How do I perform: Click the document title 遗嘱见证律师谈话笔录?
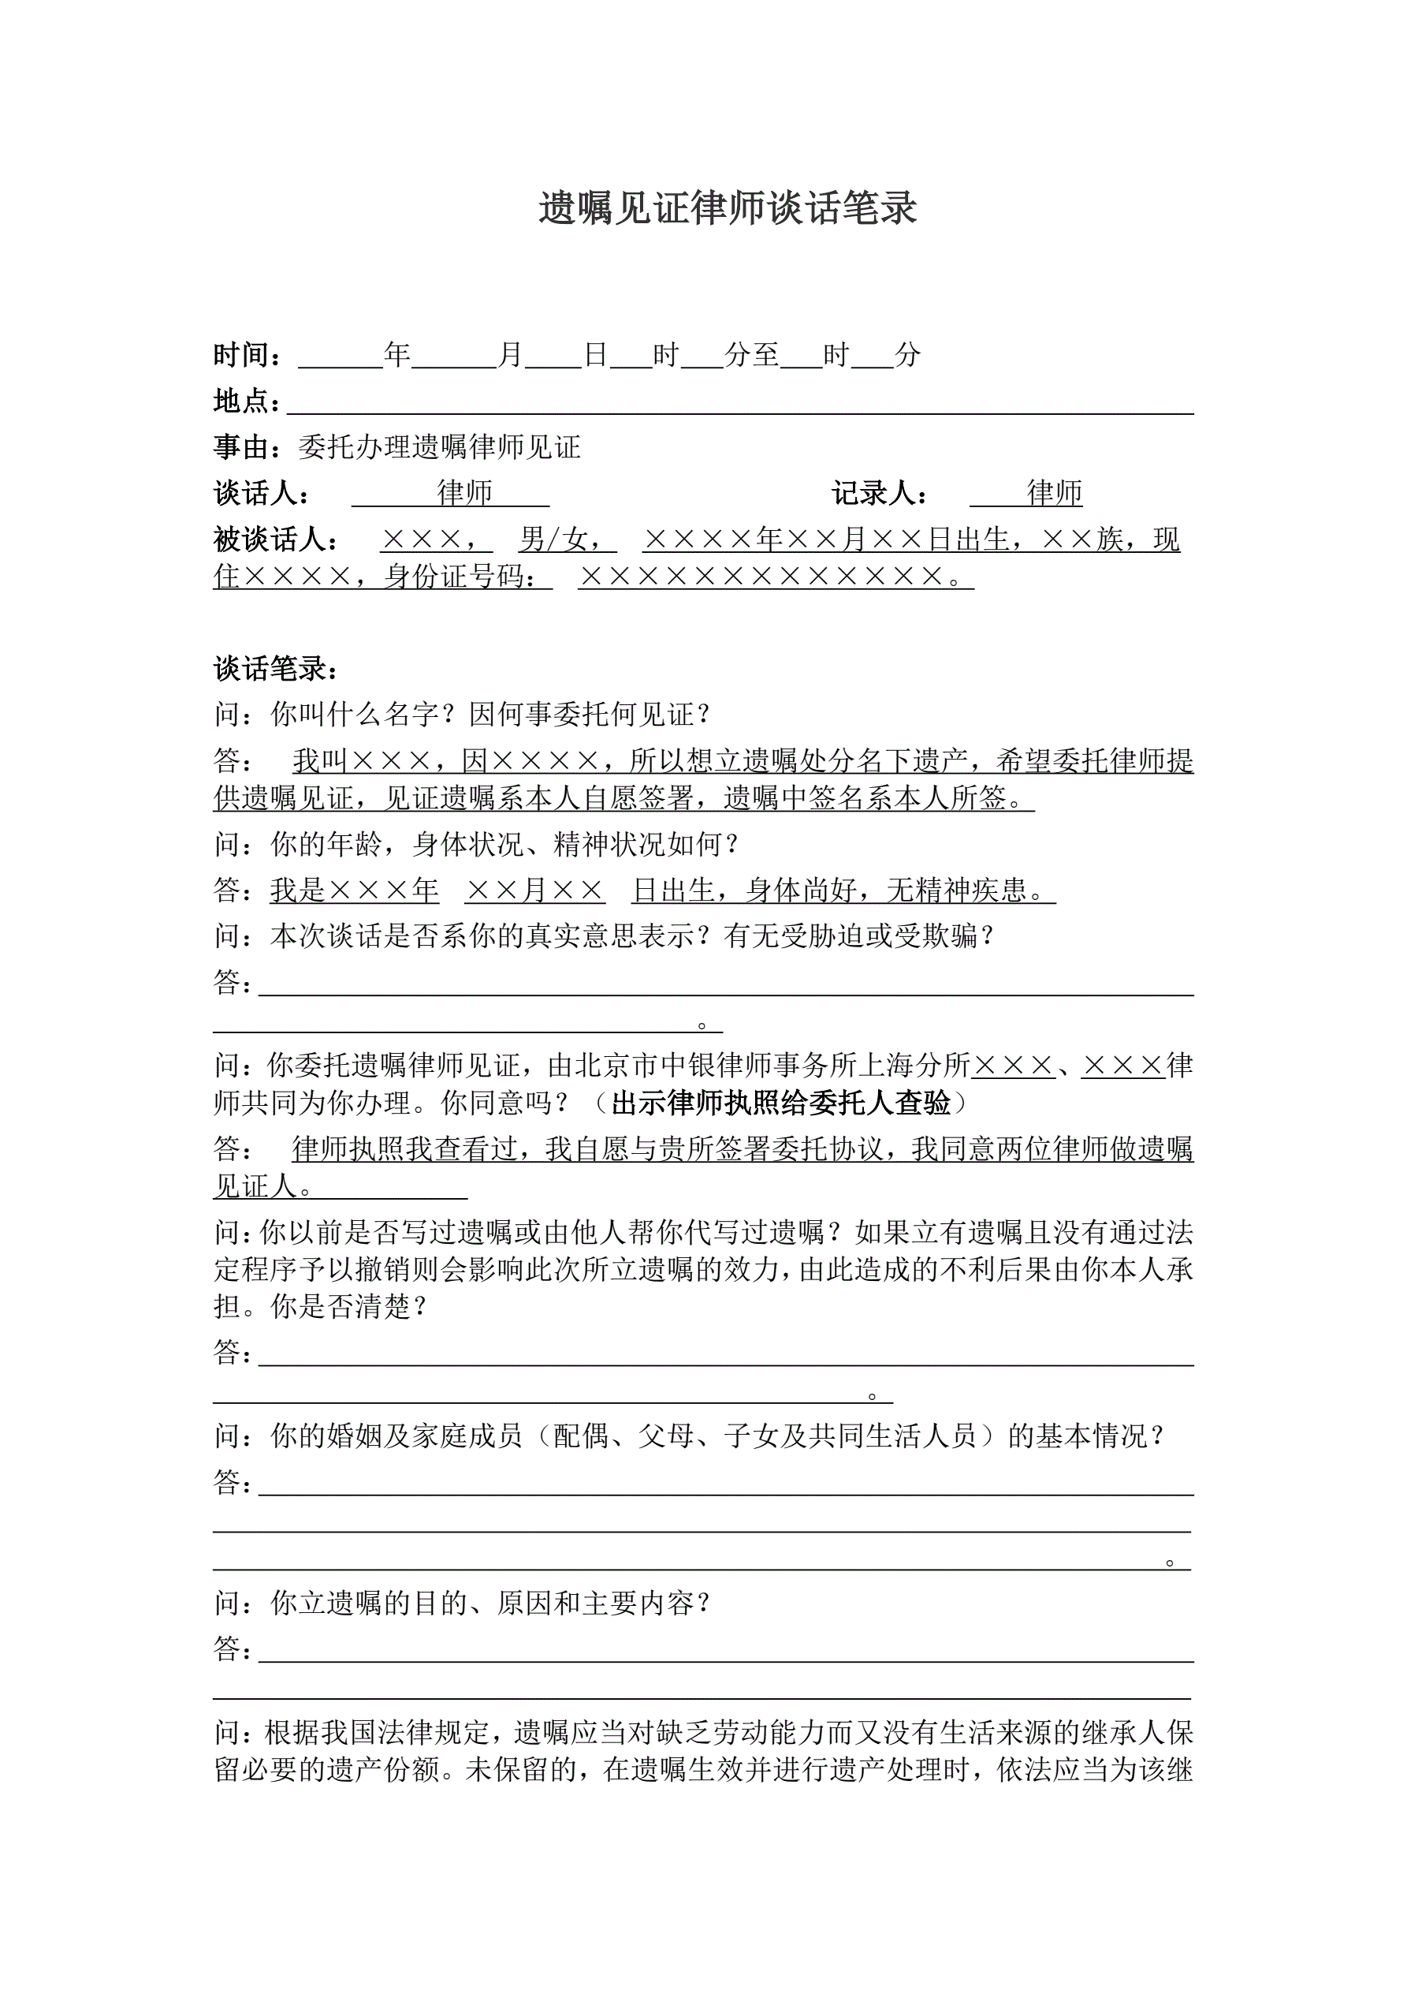[727, 209]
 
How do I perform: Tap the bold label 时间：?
[247, 354]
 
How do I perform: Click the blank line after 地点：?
[740, 403]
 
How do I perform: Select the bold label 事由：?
[247, 447]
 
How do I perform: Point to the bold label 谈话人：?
[261, 493]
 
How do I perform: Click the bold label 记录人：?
[880, 493]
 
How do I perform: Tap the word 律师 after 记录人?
[1055, 493]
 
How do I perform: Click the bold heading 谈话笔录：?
[276, 668]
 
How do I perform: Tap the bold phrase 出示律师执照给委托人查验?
[780, 1103]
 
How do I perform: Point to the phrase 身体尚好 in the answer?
[802, 890]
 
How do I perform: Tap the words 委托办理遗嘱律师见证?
[439, 447]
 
